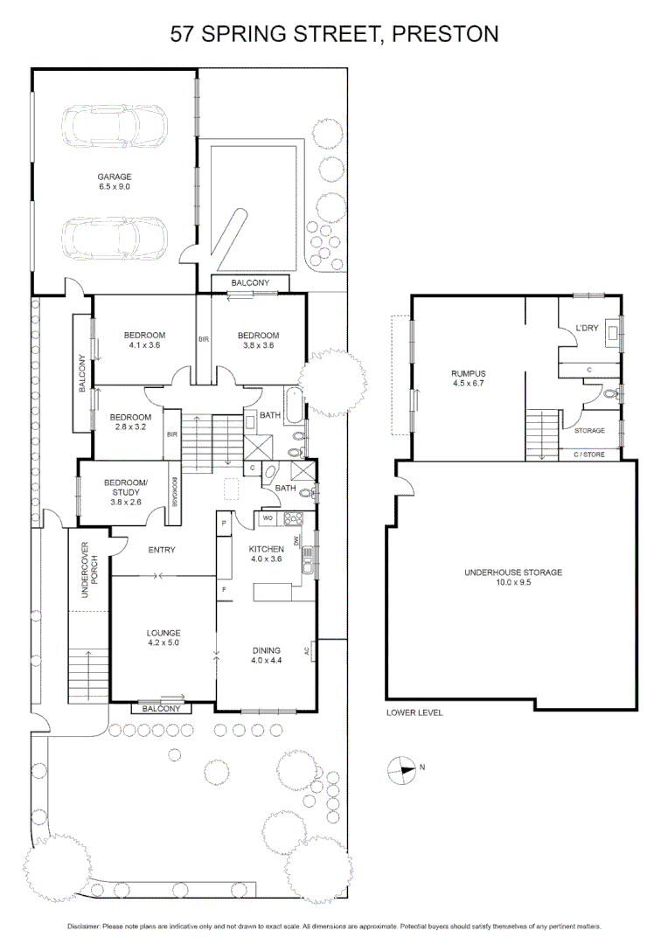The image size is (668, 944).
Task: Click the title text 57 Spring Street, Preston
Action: (334, 34)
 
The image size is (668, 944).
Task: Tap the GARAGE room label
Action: (114, 177)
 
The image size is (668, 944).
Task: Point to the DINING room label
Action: (266, 650)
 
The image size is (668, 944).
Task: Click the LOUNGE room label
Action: (164, 633)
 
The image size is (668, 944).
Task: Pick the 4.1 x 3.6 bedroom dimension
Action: (144, 345)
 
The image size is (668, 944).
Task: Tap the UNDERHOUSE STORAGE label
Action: (512, 573)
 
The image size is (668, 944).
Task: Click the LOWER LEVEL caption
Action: (414, 712)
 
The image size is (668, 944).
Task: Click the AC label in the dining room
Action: (306, 650)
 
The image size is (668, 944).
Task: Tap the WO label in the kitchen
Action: (268, 518)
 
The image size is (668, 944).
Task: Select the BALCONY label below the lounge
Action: (162, 709)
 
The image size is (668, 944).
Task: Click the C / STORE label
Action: (588, 455)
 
